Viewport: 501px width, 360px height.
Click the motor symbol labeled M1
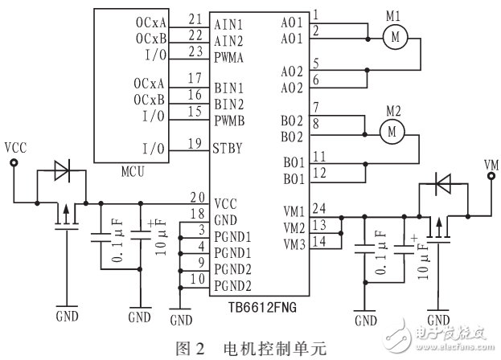[394, 35]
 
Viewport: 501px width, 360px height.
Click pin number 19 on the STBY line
[195, 144]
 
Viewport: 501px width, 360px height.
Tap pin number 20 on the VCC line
[195, 197]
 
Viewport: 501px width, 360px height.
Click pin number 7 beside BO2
[316, 106]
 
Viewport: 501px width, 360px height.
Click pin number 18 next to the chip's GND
[195, 212]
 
